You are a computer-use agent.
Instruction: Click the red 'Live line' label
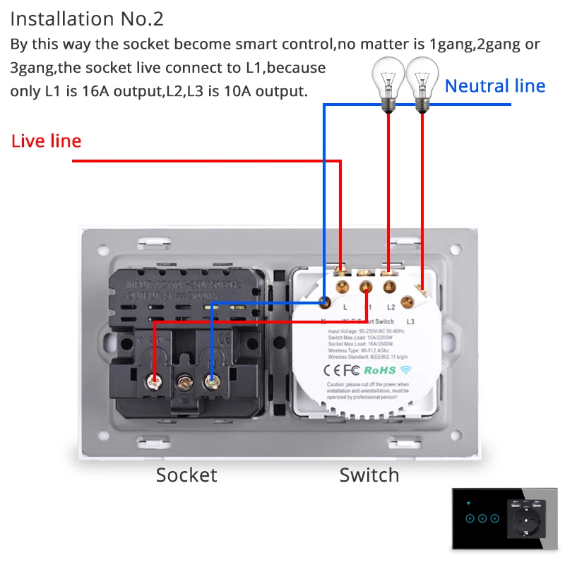tap(46, 141)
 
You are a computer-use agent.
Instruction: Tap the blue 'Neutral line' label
tap(494, 86)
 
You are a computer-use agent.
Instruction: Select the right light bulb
tap(422, 82)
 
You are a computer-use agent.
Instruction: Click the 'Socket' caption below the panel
tap(186, 475)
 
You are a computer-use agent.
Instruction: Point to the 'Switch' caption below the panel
tap(369, 475)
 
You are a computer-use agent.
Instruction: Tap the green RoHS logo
tap(380, 369)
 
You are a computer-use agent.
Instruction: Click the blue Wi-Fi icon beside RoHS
tap(405, 369)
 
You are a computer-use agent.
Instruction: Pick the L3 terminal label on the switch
tap(410, 322)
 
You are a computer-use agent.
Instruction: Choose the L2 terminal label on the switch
tap(391, 308)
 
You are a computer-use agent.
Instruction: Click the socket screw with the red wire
tap(153, 382)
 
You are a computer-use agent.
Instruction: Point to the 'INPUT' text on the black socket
tap(138, 285)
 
